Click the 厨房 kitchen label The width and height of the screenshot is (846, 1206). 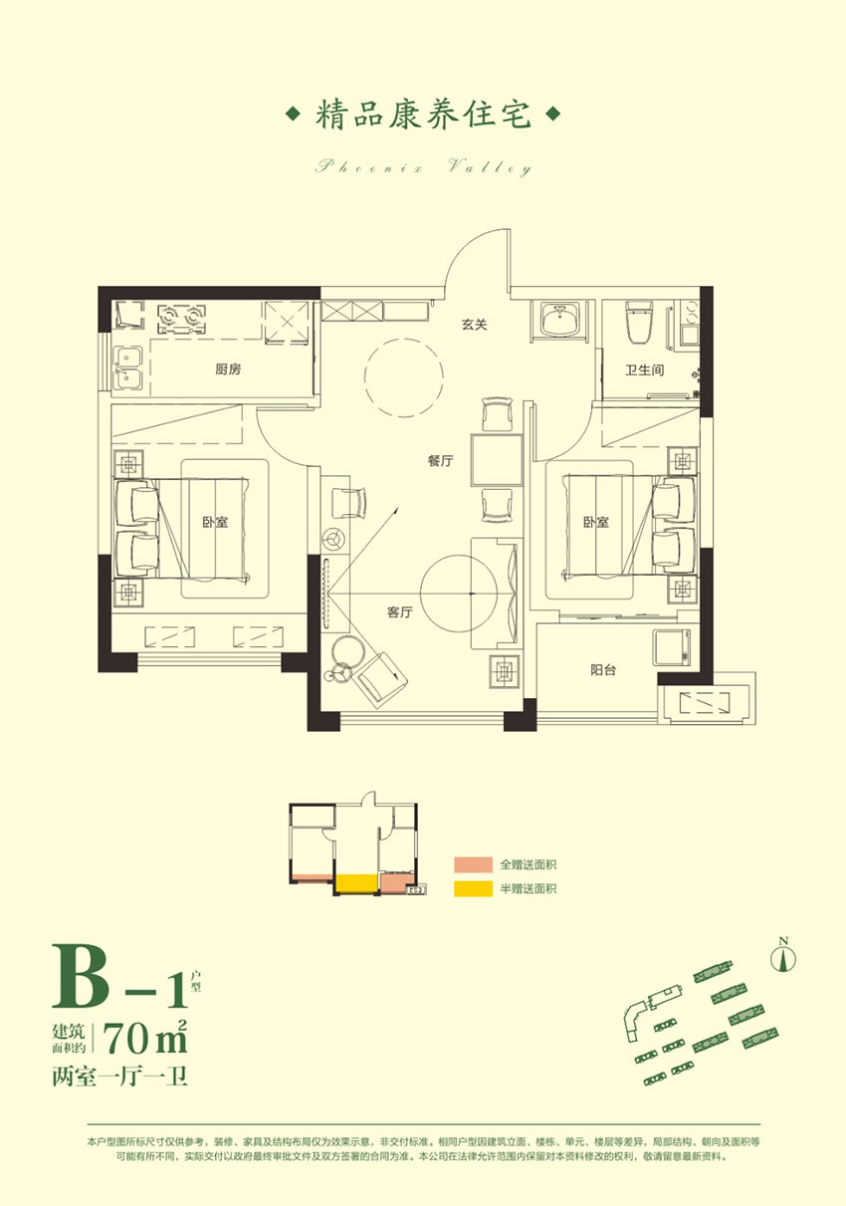228,369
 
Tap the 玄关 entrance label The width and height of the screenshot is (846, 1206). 472,324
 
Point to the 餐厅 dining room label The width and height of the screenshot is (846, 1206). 441,461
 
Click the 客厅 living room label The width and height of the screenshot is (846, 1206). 400,612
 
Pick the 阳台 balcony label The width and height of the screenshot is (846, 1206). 602,670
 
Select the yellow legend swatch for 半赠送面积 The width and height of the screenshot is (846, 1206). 473,888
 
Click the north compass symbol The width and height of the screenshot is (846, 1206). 784,956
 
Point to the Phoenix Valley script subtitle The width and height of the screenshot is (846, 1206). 423,167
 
